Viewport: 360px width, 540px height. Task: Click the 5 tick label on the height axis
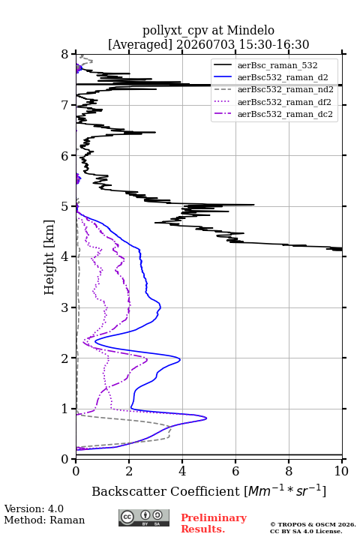[x=64, y=206]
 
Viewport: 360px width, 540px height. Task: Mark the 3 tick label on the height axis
[x=64, y=307]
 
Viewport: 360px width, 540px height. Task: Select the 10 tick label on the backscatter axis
[x=341, y=471]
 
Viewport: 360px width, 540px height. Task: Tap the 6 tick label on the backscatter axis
[x=235, y=471]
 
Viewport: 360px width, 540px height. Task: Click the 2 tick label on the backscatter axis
[x=129, y=471]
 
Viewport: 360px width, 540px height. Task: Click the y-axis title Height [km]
[x=49, y=257]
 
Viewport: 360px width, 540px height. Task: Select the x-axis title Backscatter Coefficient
[x=166, y=491]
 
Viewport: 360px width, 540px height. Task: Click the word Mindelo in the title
[x=250, y=30]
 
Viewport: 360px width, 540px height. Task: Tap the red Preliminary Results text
[x=214, y=523]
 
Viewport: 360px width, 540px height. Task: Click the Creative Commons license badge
[x=144, y=517]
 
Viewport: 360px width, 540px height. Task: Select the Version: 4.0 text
[x=34, y=508]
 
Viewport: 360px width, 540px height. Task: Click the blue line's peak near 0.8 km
[x=206, y=418]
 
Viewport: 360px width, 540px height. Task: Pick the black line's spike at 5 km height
[x=254, y=205]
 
